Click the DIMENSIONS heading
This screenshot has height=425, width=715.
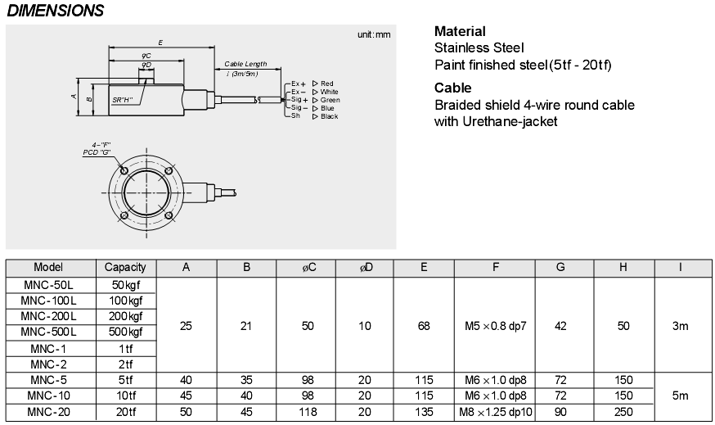pos(55,11)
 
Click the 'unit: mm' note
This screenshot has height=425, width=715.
pos(374,34)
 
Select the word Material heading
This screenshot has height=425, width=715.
pos(460,31)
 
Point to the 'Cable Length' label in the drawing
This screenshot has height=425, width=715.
pos(245,65)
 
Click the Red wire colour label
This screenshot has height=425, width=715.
pos(326,84)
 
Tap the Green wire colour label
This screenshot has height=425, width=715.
pos(331,100)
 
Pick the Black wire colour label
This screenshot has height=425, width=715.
pos(329,116)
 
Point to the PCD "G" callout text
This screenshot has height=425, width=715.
pos(97,152)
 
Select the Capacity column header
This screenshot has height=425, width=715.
pos(125,267)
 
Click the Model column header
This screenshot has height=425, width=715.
pos(48,267)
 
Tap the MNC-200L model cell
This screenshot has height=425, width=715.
pos(48,315)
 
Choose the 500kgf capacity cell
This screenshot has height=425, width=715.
pos(125,331)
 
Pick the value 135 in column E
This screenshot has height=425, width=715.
pos(423,412)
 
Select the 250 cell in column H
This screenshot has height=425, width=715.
pos(623,412)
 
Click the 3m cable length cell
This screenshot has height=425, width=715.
pos(680,326)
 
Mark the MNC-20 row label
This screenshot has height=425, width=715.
pos(50,412)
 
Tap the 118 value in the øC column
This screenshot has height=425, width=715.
pos(308,412)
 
